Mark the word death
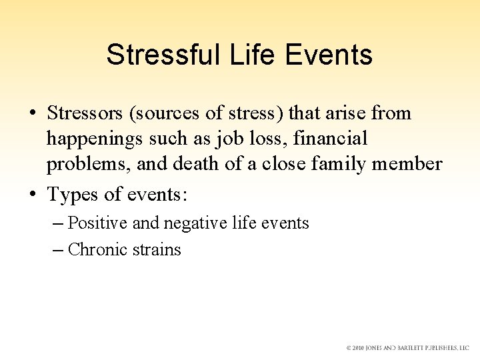193,163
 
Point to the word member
411,163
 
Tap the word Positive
98,223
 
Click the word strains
156,249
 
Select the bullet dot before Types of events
33,195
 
